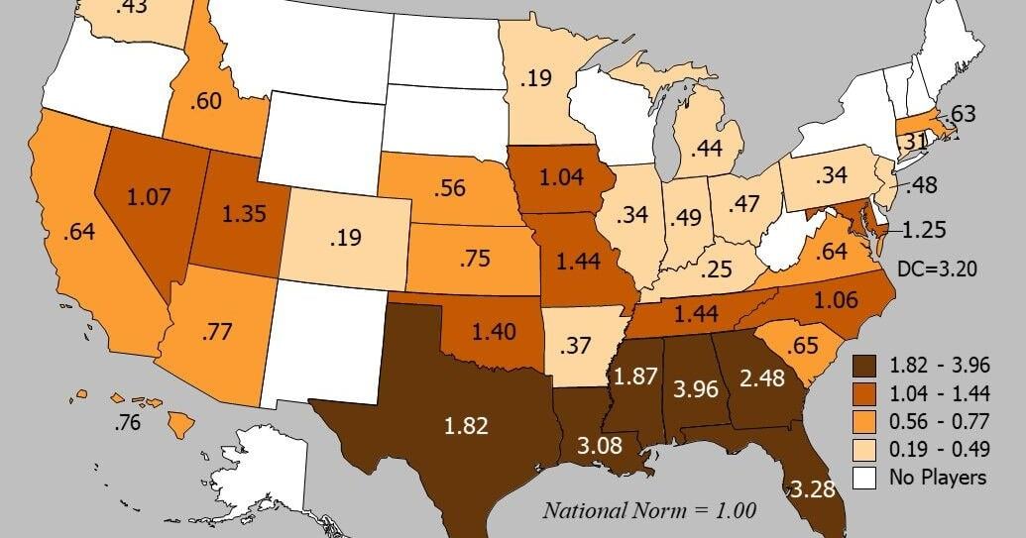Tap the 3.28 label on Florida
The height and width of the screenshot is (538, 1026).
click(812, 488)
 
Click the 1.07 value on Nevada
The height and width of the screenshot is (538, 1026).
click(149, 197)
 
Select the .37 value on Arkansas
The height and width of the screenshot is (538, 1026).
click(576, 346)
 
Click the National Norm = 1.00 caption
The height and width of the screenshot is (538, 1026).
click(649, 511)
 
